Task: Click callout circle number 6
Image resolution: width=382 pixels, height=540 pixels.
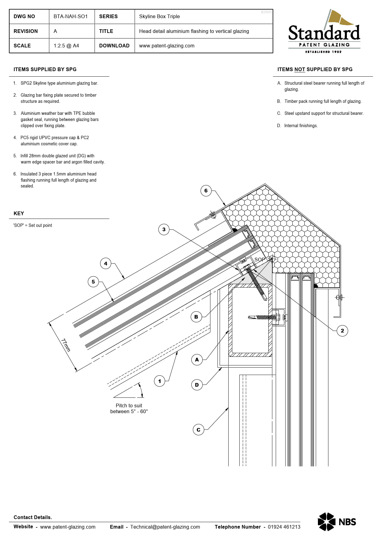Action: (x=206, y=191)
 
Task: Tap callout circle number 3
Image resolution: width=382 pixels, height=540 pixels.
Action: (x=164, y=229)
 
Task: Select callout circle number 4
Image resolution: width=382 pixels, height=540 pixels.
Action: (x=106, y=264)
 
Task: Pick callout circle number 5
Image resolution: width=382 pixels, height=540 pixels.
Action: (x=93, y=282)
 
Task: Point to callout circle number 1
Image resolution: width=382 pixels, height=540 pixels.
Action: (x=160, y=381)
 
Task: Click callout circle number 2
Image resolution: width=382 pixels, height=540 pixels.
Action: (x=342, y=331)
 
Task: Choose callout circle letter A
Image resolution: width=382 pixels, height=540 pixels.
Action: (x=197, y=360)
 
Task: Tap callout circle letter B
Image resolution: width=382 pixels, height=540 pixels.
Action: (x=196, y=317)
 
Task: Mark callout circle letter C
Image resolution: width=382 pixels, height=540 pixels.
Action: (x=198, y=430)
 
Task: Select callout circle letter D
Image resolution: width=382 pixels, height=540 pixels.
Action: (x=197, y=385)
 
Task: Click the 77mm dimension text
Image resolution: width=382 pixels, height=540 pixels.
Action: (x=66, y=345)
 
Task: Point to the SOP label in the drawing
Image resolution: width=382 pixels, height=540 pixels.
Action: (x=259, y=260)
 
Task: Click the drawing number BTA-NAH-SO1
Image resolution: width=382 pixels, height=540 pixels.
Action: (x=71, y=16)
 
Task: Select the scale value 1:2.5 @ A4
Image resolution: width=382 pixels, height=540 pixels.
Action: (x=66, y=46)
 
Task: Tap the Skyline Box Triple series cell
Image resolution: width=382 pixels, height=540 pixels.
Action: (x=159, y=16)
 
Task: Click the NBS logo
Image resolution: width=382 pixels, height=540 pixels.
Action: (x=337, y=522)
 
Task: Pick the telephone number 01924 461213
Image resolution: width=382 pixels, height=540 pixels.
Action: (x=284, y=527)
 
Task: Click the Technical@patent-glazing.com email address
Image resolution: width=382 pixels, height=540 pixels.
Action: (x=165, y=527)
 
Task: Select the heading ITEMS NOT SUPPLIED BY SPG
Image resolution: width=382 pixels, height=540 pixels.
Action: (x=315, y=69)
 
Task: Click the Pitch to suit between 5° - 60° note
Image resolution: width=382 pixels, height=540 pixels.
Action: (x=129, y=409)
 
